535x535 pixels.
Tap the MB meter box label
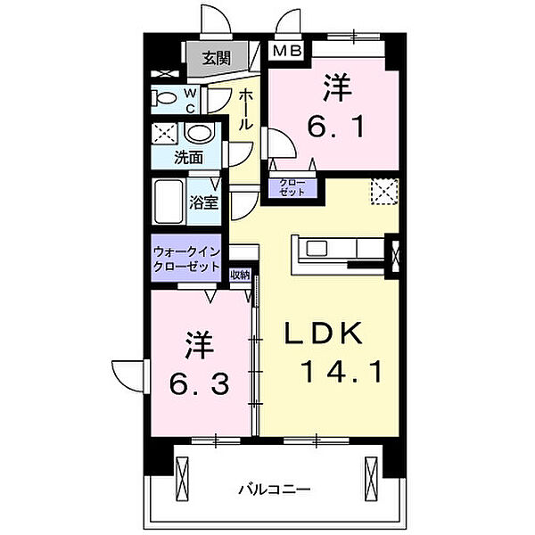click(x=288, y=52)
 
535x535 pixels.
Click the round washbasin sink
click(x=202, y=135)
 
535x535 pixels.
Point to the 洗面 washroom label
click(x=188, y=158)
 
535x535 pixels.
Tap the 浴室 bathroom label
click(x=203, y=202)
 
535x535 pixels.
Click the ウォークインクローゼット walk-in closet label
click(x=187, y=259)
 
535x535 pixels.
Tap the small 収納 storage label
click(x=239, y=276)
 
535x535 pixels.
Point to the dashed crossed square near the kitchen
click(x=385, y=192)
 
